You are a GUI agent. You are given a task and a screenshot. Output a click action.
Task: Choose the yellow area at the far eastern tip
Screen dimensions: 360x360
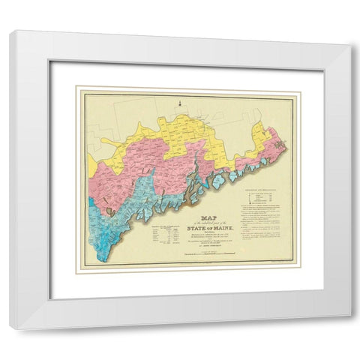[262, 136]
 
